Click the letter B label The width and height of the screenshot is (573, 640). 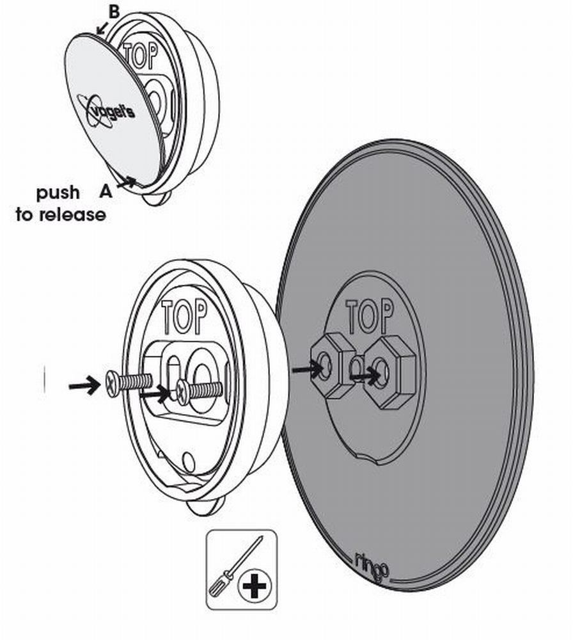[x=114, y=12]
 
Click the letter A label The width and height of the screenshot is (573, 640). [x=106, y=191]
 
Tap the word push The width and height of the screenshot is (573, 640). [x=58, y=193]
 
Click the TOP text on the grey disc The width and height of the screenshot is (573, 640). [x=370, y=316]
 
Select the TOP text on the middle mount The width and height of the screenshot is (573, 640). [x=184, y=317]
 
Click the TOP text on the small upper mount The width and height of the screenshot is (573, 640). [x=140, y=56]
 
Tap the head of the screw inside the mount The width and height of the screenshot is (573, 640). [x=183, y=392]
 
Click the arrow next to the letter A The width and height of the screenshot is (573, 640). [x=126, y=182]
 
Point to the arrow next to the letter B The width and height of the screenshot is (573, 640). [x=101, y=29]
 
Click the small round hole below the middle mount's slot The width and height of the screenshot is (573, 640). [x=189, y=461]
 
